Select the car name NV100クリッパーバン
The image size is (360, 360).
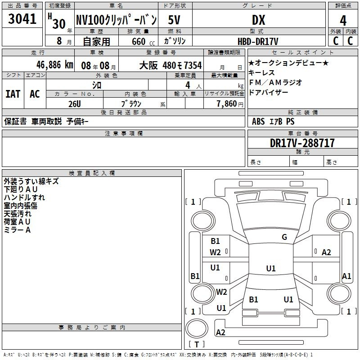click(116, 20)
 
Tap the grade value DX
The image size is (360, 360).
click(258, 20)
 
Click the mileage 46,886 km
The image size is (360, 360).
click(52, 65)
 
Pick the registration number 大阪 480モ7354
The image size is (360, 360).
click(170, 65)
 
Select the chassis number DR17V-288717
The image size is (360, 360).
click(302, 143)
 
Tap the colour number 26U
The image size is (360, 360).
click(75, 104)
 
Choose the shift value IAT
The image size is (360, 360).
click(13, 94)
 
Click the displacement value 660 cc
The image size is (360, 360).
click(139, 41)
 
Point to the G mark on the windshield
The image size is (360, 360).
click(284, 237)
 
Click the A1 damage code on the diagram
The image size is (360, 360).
click(346, 276)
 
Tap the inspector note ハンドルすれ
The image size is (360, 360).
click(24, 198)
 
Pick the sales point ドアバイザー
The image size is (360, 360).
click(268, 92)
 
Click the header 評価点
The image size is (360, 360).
click(343, 6)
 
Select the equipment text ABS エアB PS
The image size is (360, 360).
click(273, 121)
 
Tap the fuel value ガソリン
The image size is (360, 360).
click(175, 41)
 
